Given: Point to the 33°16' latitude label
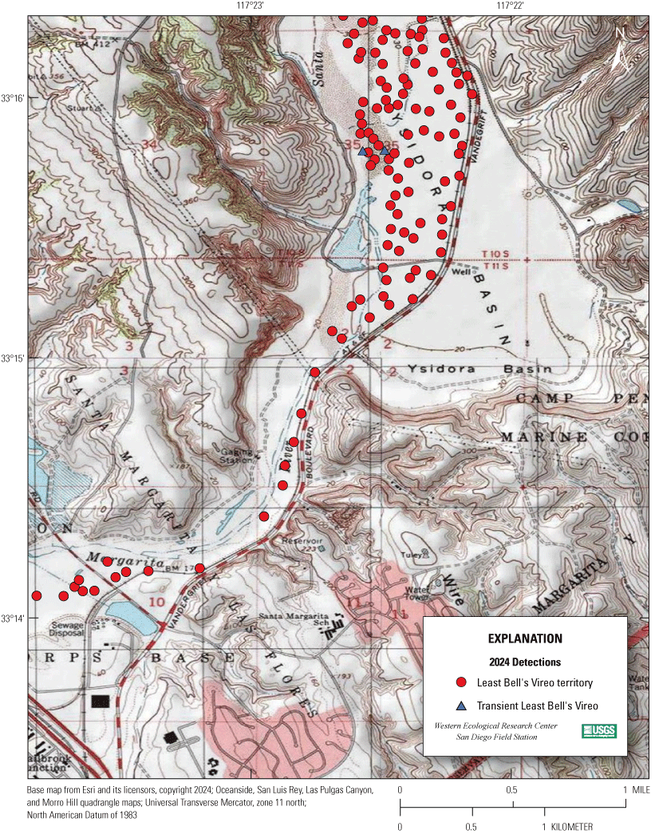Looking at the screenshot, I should [x=14, y=98].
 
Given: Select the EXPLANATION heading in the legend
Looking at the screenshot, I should [x=524, y=639].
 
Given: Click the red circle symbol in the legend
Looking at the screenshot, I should [x=461, y=683].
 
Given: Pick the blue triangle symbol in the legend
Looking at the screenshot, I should [x=461, y=706].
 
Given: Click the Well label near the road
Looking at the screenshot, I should [x=459, y=271].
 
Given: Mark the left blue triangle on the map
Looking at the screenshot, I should [x=363, y=151].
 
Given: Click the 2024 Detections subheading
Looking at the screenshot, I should [x=524, y=662].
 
